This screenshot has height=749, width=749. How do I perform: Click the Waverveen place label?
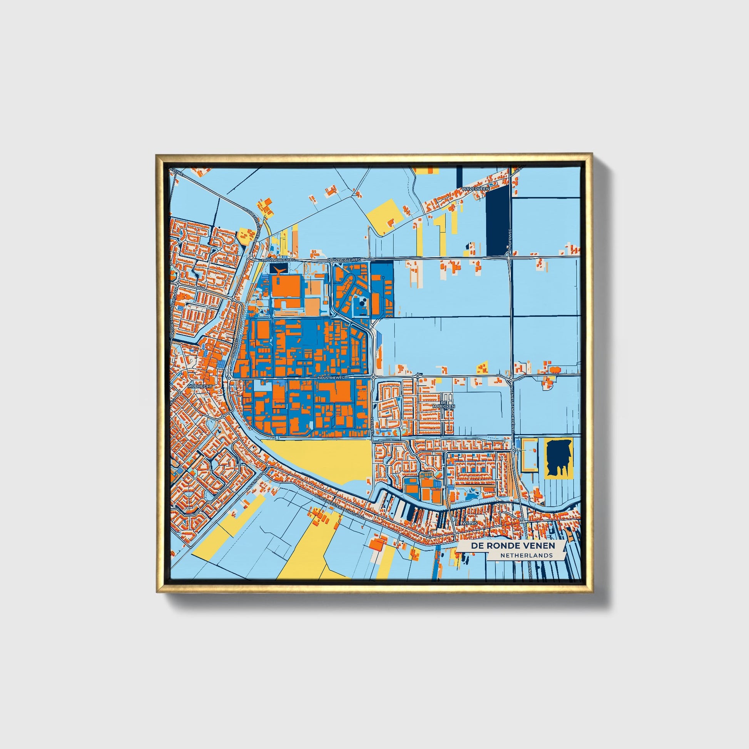tap(475, 189)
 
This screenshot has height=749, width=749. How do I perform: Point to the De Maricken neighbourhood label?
tap(447, 405)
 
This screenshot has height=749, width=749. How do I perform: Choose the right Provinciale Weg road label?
tap(344, 259)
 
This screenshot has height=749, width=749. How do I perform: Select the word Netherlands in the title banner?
tap(526, 555)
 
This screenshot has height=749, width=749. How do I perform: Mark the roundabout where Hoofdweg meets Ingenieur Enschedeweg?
tap(511, 376)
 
